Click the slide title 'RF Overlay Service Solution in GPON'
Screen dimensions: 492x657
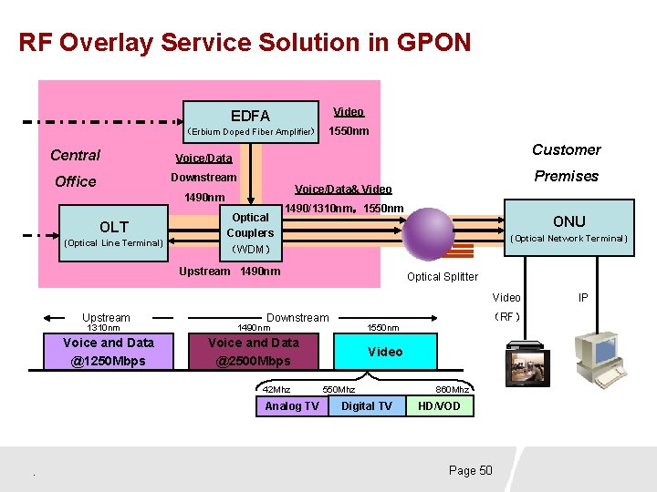pyautogui.click(x=245, y=43)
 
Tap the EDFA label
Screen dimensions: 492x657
pyautogui.click(x=250, y=116)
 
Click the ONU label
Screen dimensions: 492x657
pyautogui.click(x=568, y=221)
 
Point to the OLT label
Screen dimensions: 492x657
pyautogui.click(x=114, y=226)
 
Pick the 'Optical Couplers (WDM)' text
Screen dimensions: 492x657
pyautogui.click(x=250, y=232)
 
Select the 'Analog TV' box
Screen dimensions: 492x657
pyautogui.click(x=292, y=406)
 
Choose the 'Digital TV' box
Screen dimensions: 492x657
pyautogui.click(x=367, y=406)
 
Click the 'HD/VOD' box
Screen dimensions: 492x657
pyautogui.click(x=439, y=406)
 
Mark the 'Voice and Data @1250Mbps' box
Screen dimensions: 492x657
pyautogui.click(x=109, y=352)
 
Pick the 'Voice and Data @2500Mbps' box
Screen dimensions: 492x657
pyautogui.click(x=254, y=352)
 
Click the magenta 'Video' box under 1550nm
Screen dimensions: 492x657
pyautogui.click(x=385, y=352)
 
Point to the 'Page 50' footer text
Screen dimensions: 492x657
pyautogui.click(x=470, y=470)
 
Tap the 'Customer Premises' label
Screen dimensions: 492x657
pyautogui.click(x=566, y=162)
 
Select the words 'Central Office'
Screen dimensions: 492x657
pyautogui.click(x=76, y=168)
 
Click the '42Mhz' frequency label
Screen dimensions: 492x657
pyautogui.click(x=276, y=389)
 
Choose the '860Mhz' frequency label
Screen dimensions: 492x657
pyautogui.click(x=453, y=389)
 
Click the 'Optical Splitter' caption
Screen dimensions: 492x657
pyautogui.click(x=442, y=277)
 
